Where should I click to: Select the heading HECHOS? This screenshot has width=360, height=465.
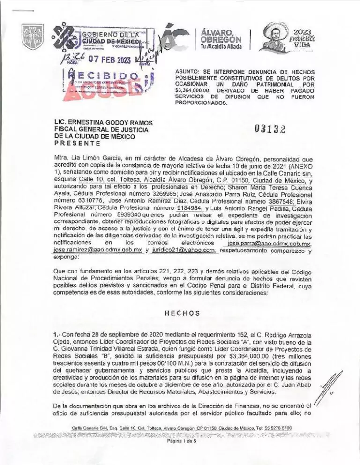point(182,313)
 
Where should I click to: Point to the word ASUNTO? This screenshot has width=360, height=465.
point(188,71)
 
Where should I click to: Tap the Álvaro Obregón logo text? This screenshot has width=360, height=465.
point(215,37)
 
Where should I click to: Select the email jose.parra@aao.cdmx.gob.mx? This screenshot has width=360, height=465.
point(268,244)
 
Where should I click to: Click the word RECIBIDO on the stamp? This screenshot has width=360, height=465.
point(105,76)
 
